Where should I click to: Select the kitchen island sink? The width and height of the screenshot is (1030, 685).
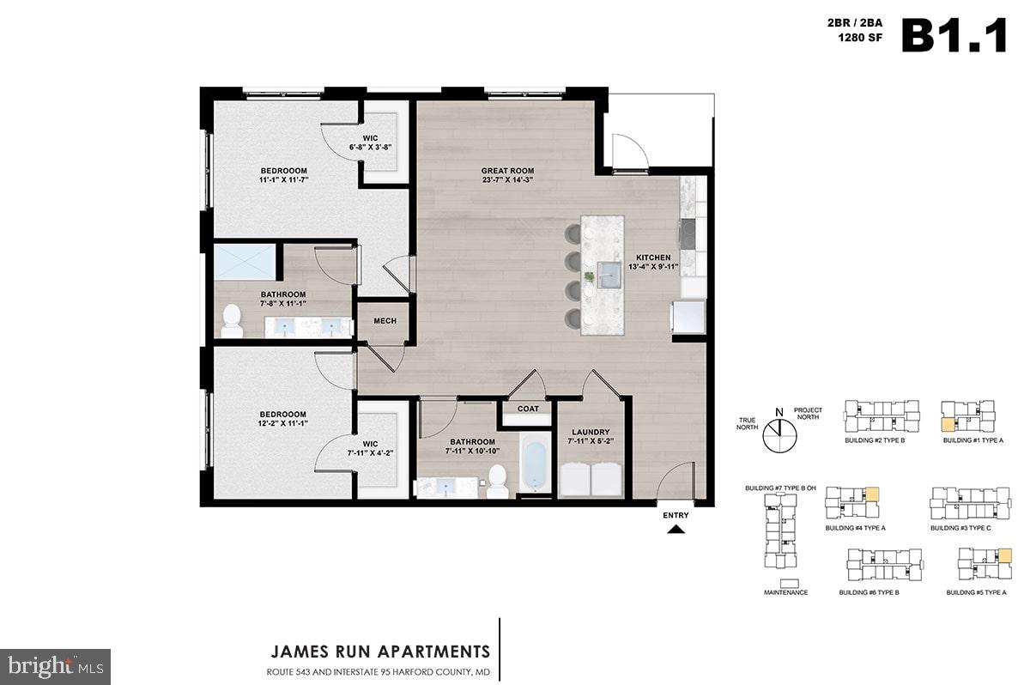point(611,273)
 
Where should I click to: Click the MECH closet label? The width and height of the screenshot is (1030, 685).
point(385,321)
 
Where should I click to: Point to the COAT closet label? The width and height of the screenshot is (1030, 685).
point(528,409)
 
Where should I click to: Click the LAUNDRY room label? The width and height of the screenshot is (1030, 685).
point(589,432)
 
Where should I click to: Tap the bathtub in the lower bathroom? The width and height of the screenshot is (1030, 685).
point(534,465)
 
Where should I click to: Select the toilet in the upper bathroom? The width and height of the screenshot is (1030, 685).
point(232,320)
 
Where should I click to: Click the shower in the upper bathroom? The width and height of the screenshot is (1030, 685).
point(245,261)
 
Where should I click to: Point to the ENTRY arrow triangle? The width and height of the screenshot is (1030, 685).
point(676,530)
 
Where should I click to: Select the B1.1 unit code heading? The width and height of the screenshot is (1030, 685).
point(954,36)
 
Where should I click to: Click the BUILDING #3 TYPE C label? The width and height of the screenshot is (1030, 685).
point(960,528)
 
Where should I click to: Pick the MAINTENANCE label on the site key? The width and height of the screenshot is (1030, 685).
point(785,592)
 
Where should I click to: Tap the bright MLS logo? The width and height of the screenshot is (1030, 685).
point(55,666)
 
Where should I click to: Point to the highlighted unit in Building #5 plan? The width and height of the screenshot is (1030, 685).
point(1004,556)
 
